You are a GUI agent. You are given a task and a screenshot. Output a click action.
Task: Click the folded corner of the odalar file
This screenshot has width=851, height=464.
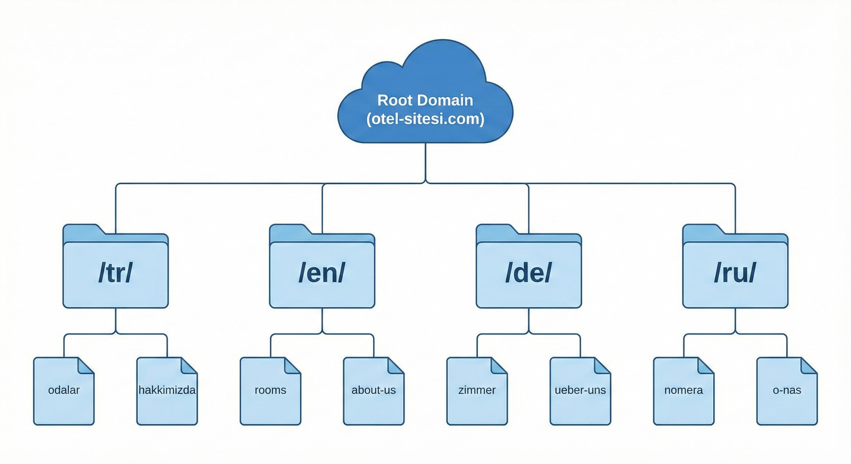(85, 366)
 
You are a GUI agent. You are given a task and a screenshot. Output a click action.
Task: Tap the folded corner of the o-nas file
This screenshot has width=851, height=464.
(808, 366)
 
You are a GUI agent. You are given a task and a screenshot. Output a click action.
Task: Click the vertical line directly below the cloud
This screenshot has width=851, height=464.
(425, 162)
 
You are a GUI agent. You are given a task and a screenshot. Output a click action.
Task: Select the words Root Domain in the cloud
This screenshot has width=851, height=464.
(425, 100)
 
